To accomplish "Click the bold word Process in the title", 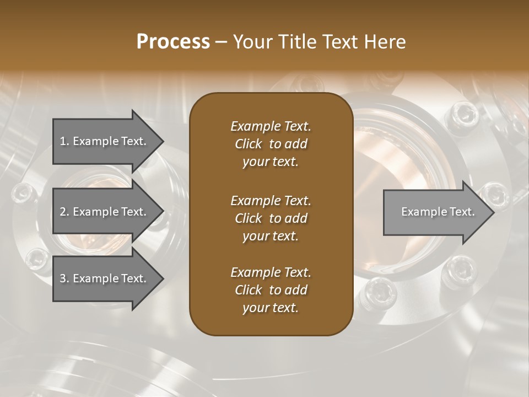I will [173, 42].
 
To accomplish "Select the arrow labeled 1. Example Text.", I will [105, 141].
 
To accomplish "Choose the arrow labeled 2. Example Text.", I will [105, 212].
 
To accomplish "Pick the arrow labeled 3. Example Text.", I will [105, 278].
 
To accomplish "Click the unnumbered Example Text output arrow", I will [435, 212].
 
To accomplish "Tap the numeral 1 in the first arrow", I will [63, 141].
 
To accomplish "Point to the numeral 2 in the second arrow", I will [63, 212].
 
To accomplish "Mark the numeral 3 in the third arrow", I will [63, 278].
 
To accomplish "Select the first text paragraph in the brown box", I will [271, 144].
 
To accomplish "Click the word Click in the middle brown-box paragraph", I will [249, 218].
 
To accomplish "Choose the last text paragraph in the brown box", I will [271, 290].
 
